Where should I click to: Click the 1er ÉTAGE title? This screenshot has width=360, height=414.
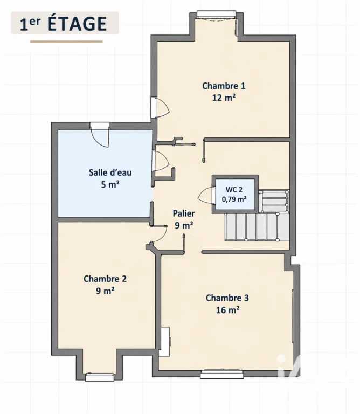coord(64,24)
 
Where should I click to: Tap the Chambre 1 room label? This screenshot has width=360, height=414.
coord(224,86)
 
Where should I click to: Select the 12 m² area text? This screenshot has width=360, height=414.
coord(224,98)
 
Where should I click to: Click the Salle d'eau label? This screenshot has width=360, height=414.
coord(110,172)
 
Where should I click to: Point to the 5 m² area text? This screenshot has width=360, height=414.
coord(110,184)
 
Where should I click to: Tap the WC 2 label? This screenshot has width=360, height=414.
coord(234,189)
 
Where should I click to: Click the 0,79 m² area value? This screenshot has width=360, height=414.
coord(234,199)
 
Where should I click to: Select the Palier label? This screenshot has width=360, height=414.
coord(184,213)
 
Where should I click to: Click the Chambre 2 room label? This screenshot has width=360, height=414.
coord(105,279)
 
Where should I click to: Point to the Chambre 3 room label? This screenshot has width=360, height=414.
coord(227,298)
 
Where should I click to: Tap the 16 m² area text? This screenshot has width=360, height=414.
coord(227,310)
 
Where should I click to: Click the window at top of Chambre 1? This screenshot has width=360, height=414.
coord(217,15)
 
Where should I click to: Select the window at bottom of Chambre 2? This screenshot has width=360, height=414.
coord(100,377)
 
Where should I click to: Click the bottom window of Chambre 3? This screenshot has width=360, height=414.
coord(221,374)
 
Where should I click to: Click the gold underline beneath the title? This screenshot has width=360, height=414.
coord(66,42)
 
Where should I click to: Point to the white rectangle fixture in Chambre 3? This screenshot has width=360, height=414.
coord(165,342)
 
